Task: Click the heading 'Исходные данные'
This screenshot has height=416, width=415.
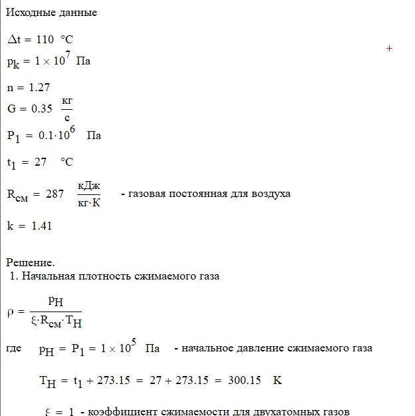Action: (x=51, y=13)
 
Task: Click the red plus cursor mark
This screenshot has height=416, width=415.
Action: (x=390, y=49)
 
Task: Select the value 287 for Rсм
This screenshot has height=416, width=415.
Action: (x=55, y=194)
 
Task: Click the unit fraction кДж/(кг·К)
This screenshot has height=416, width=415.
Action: (x=88, y=194)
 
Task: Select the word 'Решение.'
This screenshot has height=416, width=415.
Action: (x=30, y=262)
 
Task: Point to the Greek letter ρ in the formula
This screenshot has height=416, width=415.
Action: (x=10, y=312)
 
